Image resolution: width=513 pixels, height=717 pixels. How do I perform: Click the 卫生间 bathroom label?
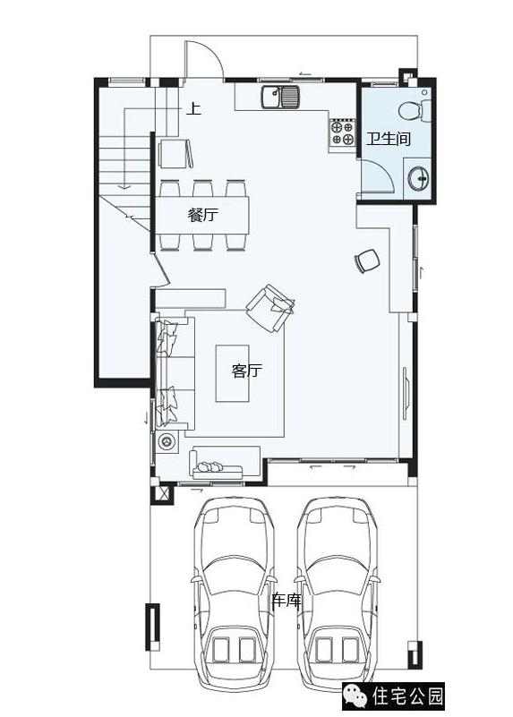point(388,138)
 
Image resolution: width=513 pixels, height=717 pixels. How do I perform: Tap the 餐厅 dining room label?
point(203,215)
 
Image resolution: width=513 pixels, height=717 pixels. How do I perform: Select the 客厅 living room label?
point(247,371)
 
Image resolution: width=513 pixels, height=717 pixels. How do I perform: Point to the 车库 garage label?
point(286,600)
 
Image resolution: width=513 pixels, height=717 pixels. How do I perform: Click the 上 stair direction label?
point(193,109)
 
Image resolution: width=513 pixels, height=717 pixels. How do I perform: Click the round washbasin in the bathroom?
point(418,176)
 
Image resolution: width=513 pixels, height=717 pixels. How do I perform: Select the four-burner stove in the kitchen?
point(343,132)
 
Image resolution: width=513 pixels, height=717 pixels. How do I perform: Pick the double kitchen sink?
point(280,97)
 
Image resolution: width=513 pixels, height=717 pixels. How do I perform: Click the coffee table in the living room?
point(232,373)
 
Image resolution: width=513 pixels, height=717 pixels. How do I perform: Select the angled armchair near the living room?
point(269,308)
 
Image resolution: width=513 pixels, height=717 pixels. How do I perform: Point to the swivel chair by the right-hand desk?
point(367,260)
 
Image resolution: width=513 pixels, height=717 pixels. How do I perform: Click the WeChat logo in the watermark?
point(355,696)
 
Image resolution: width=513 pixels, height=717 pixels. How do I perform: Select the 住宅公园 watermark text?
point(407,696)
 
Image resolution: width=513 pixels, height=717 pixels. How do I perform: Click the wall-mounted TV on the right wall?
point(406,393)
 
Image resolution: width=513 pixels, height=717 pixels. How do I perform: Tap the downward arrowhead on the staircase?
point(124,186)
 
